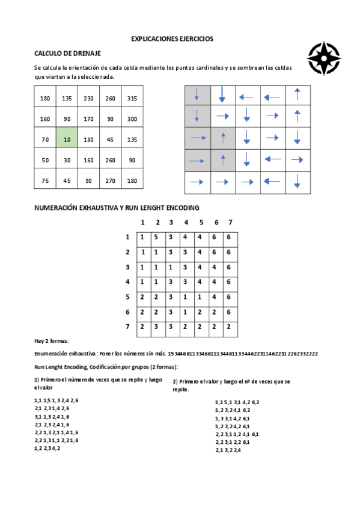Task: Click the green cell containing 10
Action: coord(67,140)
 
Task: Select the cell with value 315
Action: coord(132,98)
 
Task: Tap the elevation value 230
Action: coord(88,98)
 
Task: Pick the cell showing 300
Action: coord(132,119)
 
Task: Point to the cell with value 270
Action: coord(111,181)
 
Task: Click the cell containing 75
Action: coord(45,181)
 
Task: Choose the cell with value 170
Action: coord(88,119)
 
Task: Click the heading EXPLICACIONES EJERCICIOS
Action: coord(172,38)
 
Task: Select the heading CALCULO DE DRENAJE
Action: coord(67,54)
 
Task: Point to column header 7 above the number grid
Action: coord(230,223)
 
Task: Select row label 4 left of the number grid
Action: coord(127,281)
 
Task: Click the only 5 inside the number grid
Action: coord(157,237)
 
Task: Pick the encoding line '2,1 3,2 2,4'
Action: coord(228,450)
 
